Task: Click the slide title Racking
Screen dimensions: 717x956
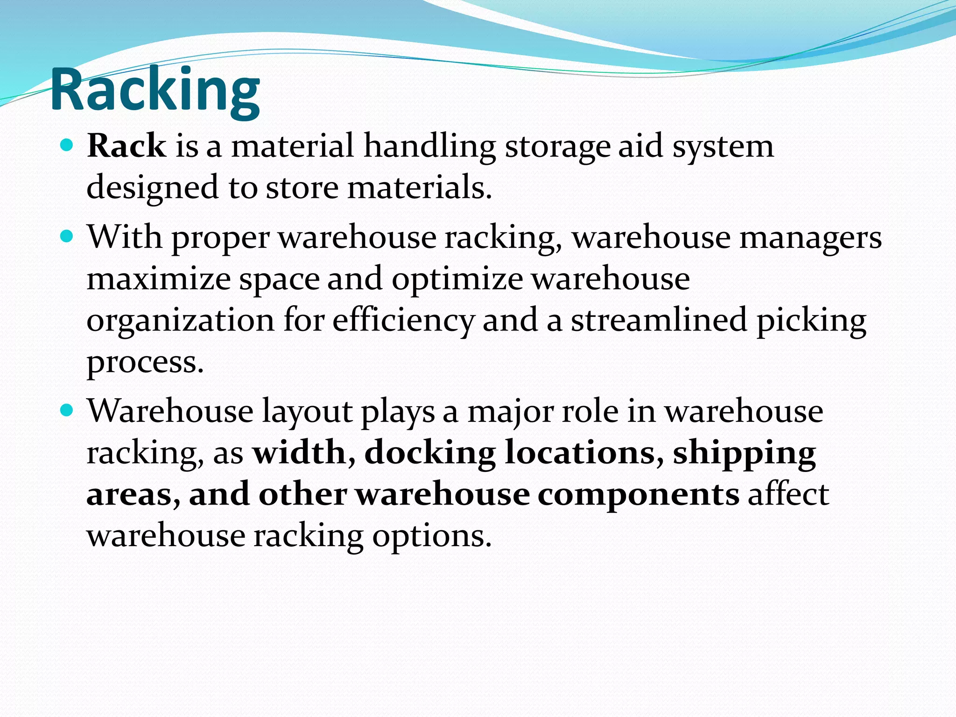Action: click(155, 90)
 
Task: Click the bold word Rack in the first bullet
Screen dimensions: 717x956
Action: click(127, 146)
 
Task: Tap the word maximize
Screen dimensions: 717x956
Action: click(159, 279)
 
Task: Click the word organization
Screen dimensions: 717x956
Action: click(181, 321)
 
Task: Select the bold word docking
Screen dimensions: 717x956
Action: click(430, 453)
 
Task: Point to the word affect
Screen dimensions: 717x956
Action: click(788, 494)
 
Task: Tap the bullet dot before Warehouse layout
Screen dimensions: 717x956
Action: click(68, 411)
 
